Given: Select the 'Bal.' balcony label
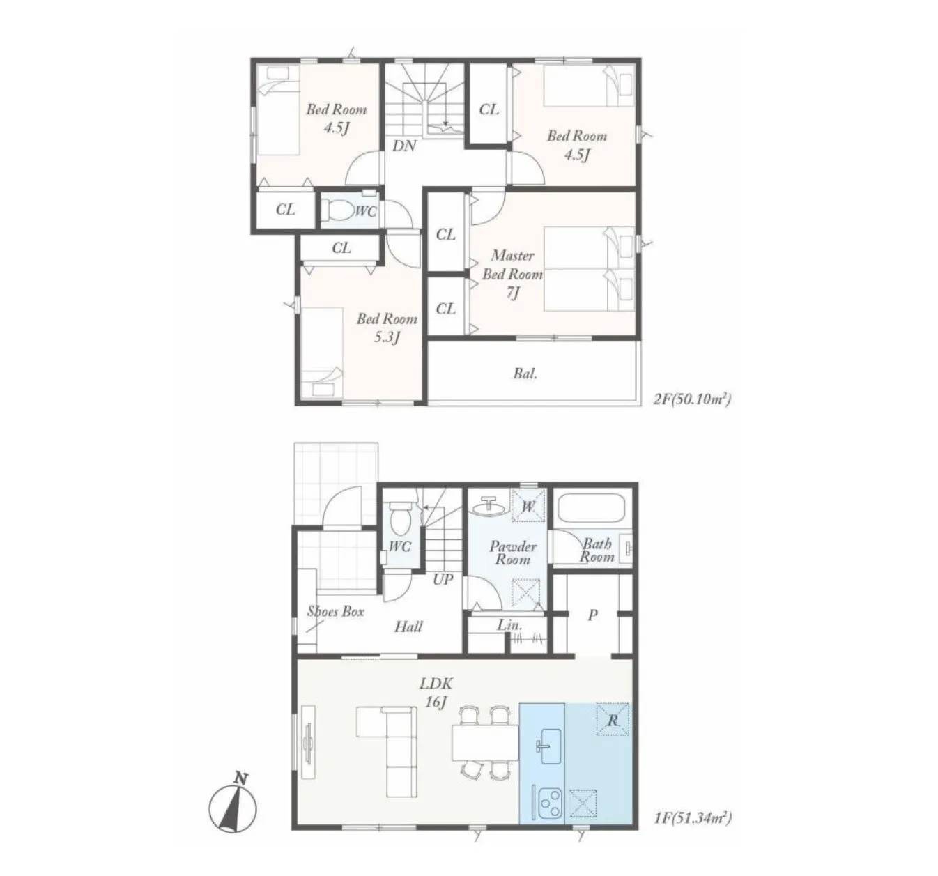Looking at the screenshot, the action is (x=525, y=374).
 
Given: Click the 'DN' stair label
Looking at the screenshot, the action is (x=404, y=146).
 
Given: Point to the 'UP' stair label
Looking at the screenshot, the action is (x=443, y=579).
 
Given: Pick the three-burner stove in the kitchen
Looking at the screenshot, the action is (x=549, y=802).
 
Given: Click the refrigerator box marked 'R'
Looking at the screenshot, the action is (x=613, y=719).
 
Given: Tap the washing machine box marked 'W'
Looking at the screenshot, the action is (x=528, y=505).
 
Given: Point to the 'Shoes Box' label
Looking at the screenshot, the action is (x=335, y=611).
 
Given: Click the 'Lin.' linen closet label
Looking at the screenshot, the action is (x=509, y=625).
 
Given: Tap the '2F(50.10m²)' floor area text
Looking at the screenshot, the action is (x=692, y=399).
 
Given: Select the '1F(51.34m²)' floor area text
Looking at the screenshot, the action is (x=693, y=818).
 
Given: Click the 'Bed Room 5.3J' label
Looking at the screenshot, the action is (x=387, y=328).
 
